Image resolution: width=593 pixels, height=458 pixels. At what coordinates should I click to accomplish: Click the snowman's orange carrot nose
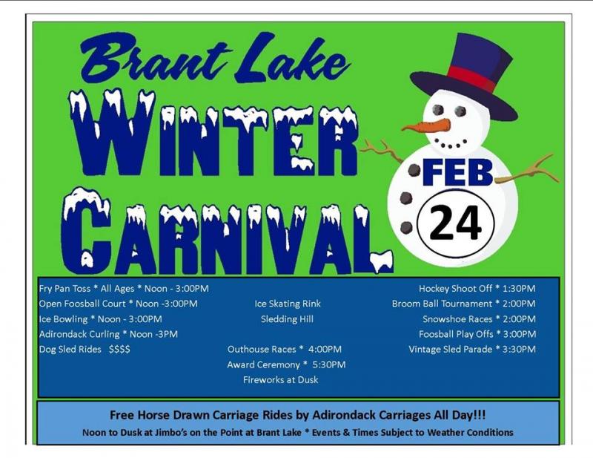427,125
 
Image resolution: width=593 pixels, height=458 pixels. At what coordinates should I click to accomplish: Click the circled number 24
456,223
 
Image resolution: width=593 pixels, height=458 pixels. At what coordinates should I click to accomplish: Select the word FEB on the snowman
458,172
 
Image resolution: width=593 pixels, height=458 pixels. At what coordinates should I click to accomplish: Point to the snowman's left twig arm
381,151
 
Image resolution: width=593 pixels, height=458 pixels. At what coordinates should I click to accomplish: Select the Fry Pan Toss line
124,289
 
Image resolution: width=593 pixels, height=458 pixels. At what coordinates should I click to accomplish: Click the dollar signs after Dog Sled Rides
119,350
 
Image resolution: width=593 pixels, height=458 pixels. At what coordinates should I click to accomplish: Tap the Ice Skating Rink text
288,304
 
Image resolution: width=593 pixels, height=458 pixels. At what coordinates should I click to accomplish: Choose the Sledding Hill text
287,319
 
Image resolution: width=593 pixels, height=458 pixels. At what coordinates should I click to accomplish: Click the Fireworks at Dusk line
281,379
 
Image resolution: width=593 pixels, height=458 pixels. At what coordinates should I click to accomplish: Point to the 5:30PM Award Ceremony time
329,364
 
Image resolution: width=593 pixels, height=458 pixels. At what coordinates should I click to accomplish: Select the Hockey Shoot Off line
477,289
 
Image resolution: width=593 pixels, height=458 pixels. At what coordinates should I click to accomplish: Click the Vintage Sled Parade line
472,350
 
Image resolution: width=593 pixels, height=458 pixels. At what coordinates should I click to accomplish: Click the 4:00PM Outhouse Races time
325,350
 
